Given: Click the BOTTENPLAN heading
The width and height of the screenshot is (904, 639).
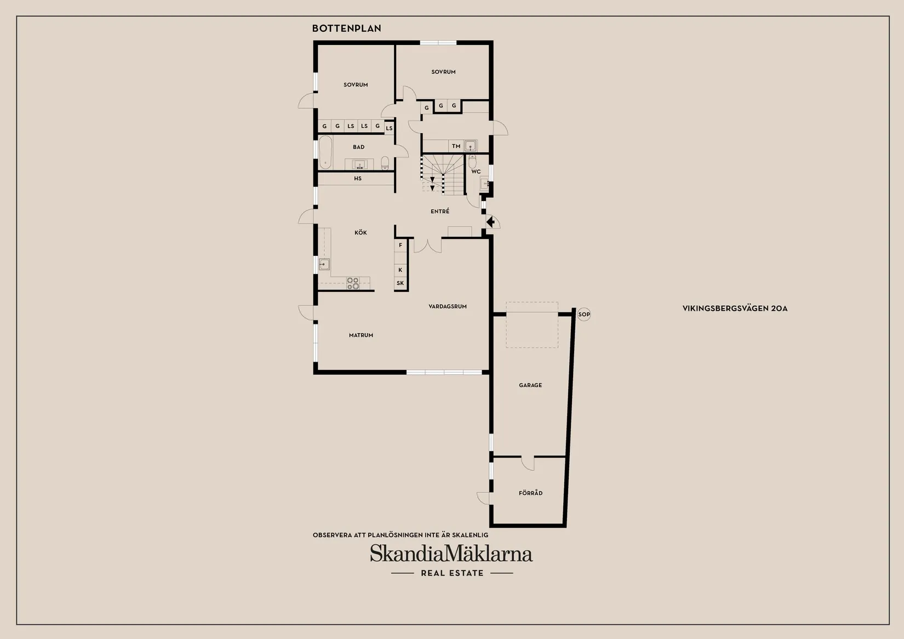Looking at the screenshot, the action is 346,28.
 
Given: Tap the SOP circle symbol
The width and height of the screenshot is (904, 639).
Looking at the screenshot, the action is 584,315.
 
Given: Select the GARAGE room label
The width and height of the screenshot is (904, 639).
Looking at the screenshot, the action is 530,385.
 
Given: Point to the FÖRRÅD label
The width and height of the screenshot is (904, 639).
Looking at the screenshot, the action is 530,493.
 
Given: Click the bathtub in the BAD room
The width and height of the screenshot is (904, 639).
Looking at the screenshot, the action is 325,152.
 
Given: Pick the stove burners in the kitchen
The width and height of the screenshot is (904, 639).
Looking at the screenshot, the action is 353,283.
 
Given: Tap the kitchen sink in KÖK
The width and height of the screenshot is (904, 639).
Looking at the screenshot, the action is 324,264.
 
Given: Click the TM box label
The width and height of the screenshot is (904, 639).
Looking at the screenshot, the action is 456,146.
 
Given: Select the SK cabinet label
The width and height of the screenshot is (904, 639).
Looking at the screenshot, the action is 400,283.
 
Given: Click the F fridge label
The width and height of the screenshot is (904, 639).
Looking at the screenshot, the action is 400,245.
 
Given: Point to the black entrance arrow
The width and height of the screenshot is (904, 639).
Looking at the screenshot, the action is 490,222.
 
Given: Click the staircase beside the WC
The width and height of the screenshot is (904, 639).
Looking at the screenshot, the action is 443,175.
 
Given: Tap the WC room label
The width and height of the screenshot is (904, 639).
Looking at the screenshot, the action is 476,172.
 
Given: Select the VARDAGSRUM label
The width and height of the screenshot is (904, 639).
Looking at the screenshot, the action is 448,306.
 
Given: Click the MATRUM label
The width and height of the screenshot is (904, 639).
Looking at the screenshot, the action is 361,335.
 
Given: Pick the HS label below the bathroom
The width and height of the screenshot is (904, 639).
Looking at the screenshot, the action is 358,179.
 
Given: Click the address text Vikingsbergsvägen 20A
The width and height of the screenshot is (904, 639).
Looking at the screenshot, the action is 735,309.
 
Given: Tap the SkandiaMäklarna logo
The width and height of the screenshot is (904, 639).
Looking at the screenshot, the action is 451,554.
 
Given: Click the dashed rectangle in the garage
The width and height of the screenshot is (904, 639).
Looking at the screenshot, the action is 532,325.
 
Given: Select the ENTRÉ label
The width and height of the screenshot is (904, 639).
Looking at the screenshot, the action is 440,211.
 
